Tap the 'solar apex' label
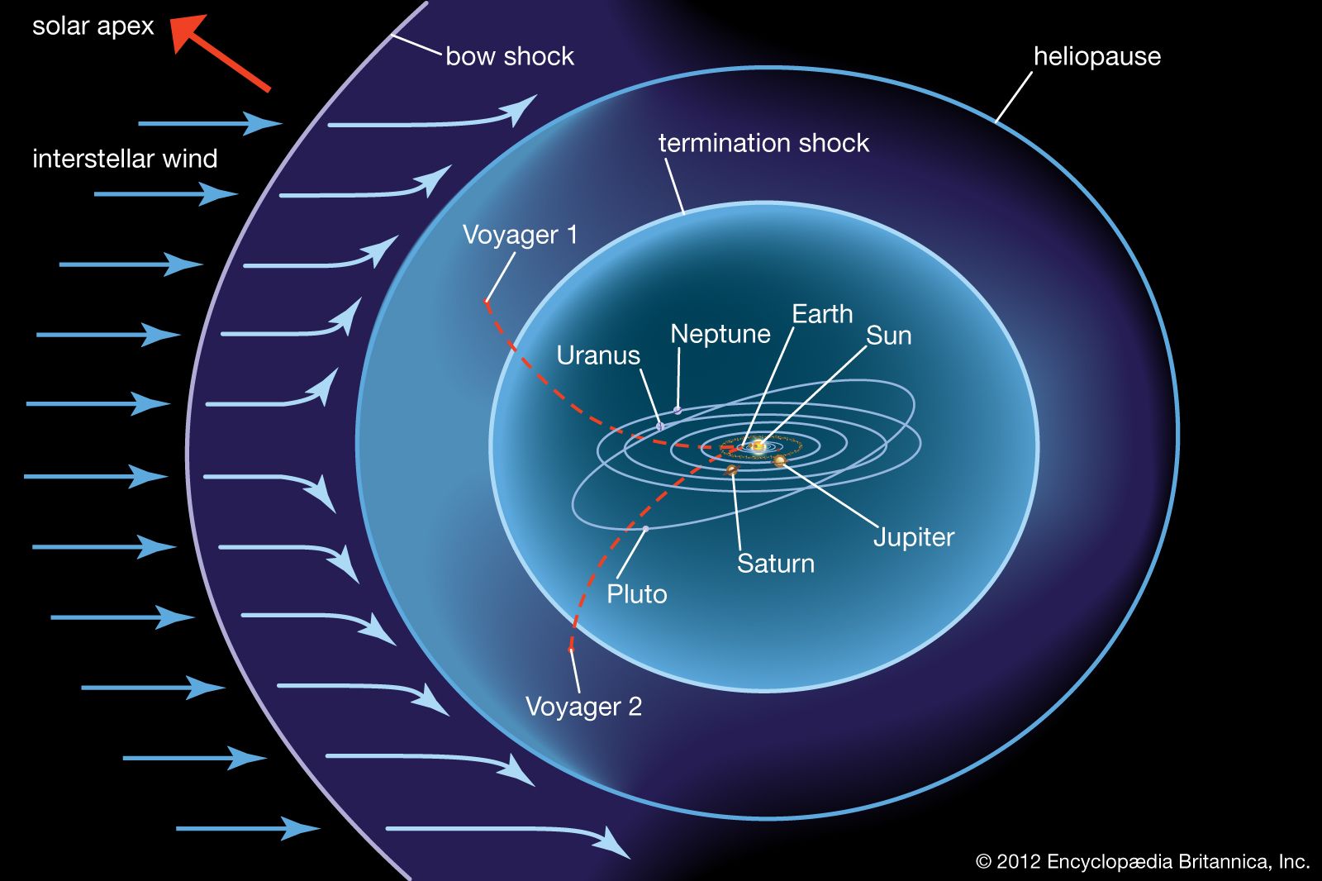pyautogui.click(x=93, y=26)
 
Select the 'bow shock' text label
pyautogui.click(x=509, y=56)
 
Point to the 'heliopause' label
pyautogui.click(x=1096, y=56)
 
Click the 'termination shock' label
pyautogui.click(x=763, y=143)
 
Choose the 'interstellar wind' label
pyautogui.click(x=125, y=159)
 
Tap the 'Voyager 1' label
pyautogui.click(x=520, y=235)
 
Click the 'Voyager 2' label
pyautogui.click(x=583, y=707)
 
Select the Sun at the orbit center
pyautogui.click(x=758, y=446)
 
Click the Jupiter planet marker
pyautogui.click(x=779, y=460)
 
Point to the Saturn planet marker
pyautogui.click(x=731, y=470)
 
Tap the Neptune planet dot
pyautogui.click(x=678, y=410)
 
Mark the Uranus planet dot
pyautogui.click(x=660, y=426)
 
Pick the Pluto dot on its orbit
pyautogui.click(x=645, y=528)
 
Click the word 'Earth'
pyautogui.click(x=821, y=314)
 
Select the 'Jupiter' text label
pyautogui.click(x=914, y=537)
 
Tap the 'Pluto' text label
pyautogui.click(x=636, y=594)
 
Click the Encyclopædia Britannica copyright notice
pyautogui.click(x=1143, y=862)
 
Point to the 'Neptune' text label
pyautogui.click(x=720, y=334)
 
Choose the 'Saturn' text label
pyautogui.click(x=775, y=564)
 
